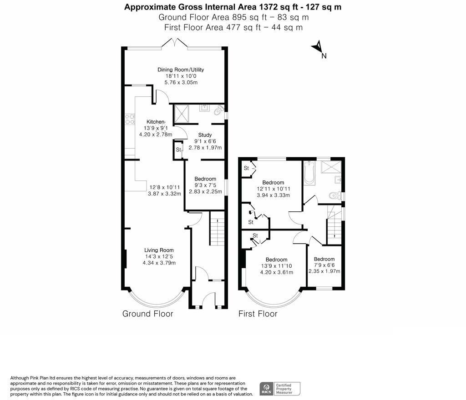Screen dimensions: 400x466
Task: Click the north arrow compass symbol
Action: [318, 48]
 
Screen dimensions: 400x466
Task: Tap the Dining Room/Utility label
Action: [181, 70]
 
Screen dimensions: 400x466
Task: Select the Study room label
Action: [205, 135]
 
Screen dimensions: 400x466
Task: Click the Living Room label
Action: [159, 250]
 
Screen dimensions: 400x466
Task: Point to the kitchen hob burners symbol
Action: [130, 118]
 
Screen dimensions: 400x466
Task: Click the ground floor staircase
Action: [218, 231]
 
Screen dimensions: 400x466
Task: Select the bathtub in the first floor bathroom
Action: [309, 173]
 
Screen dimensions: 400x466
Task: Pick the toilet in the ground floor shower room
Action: [219, 110]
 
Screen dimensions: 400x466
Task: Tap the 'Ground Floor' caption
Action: [147, 314]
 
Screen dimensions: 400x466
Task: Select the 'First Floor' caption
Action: [258, 314]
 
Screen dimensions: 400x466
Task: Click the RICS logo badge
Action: [265, 389]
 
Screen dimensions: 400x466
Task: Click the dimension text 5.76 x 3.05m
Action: [181, 82]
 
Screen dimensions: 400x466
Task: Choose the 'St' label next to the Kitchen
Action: [178, 150]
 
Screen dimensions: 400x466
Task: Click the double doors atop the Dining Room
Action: [175, 44]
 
